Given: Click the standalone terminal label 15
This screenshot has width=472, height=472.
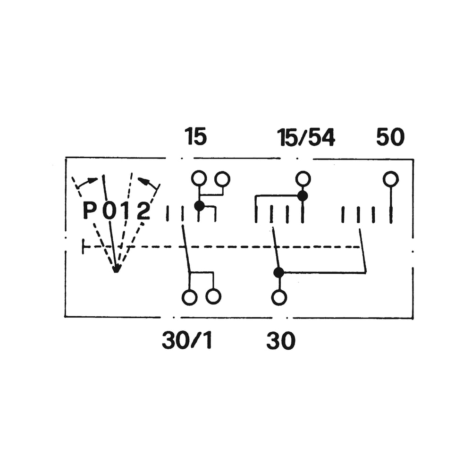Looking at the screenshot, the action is [195, 137].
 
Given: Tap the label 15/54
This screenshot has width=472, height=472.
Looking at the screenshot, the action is [306, 137].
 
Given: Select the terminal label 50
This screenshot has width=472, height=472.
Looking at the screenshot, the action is [390, 137].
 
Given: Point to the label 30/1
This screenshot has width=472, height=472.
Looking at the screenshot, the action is [187, 340].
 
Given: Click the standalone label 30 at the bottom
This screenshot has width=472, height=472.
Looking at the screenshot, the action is [281, 340].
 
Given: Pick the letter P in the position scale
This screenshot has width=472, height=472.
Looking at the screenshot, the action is [90, 211].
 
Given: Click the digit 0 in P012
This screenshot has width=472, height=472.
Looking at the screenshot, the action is [109, 211].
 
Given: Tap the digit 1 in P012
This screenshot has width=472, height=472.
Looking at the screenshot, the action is [126, 211].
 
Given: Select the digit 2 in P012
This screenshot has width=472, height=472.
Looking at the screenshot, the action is [143, 211].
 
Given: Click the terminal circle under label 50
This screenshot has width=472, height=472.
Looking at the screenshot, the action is [391, 179].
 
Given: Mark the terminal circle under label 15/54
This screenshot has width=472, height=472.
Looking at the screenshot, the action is [303, 178].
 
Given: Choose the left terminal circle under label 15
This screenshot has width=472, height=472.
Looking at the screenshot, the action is [199, 178].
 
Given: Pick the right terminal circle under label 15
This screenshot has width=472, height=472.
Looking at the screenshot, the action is [222, 178].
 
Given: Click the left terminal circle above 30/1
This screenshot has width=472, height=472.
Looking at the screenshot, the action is [189, 297].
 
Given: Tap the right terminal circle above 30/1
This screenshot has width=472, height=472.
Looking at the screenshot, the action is [213, 297].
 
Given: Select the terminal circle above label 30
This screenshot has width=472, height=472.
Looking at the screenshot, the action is [279, 297].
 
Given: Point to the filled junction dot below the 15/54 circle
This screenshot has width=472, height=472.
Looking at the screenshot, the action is [303, 195].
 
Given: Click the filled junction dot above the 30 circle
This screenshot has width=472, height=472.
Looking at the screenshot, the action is [279, 272].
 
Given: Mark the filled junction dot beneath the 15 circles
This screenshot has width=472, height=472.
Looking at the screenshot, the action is [199, 206].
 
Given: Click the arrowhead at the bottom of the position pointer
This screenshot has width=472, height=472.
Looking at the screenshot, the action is [117, 270].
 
